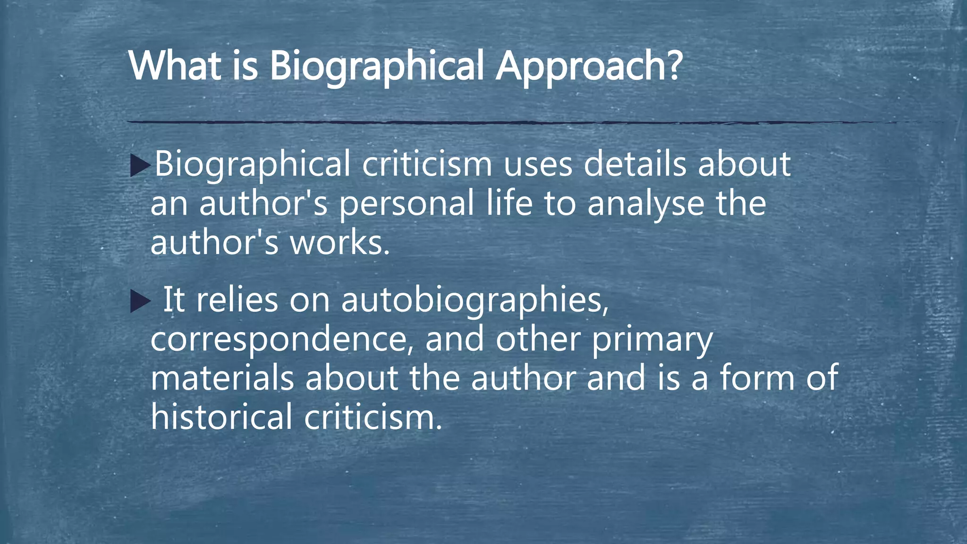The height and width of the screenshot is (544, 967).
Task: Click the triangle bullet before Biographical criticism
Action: (140, 165)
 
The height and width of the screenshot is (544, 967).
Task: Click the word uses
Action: (538, 164)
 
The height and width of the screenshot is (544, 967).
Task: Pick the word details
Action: (635, 164)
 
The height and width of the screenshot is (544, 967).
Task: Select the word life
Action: (509, 203)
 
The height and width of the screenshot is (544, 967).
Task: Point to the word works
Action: (339, 243)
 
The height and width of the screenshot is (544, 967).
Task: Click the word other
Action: (538, 339)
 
